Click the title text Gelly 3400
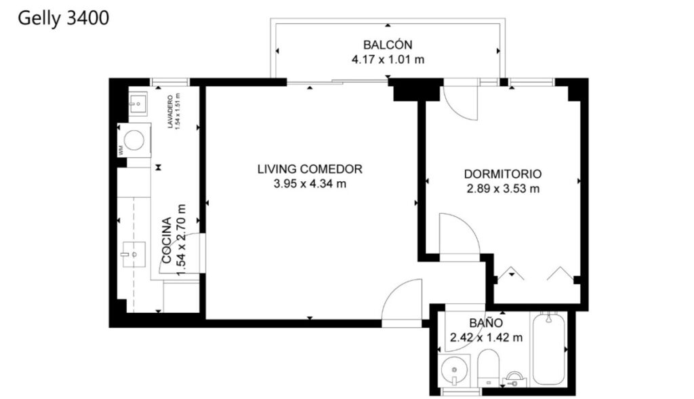pos(63,18)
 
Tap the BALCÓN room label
pos(388,45)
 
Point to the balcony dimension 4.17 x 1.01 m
pos(388,60)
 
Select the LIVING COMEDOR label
pos(310,169)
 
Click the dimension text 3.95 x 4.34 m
pos(310,183)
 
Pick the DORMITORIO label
pos(503,174)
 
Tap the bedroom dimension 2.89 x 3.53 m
pos(503,189)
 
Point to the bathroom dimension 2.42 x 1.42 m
pos(486,338)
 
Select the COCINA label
pos(167,240)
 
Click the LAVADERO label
pos(170,112)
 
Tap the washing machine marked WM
pos(134,140)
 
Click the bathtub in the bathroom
pos(548,349)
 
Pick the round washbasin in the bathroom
pos(455,370)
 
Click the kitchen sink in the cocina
pos(134,254)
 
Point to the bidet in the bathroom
pos(514,379)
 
